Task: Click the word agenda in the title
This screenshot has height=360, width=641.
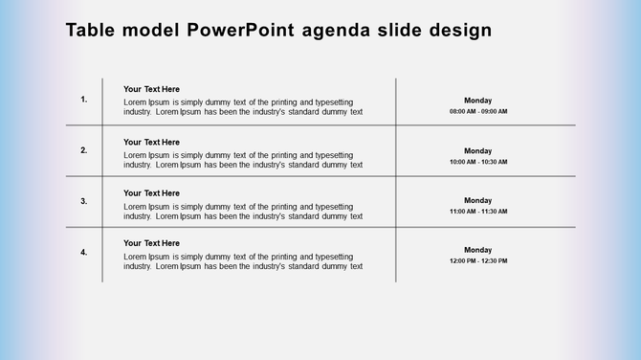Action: click(342, 31)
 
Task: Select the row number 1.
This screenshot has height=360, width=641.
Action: click(84, 99)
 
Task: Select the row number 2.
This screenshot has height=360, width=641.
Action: click(84, 150)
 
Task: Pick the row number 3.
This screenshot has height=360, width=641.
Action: click(84, 201)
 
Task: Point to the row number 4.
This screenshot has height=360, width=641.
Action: click(84, 253)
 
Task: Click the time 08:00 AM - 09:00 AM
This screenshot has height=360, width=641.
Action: click(478, 111)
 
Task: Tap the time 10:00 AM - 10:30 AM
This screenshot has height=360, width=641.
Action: click(478, 162)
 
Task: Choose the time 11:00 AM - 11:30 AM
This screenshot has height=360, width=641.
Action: click(478, 212)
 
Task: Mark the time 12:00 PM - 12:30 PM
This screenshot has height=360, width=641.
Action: click(478, 260)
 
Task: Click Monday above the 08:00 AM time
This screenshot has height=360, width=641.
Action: click(478, 101)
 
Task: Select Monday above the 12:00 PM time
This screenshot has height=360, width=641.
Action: click(478, 250)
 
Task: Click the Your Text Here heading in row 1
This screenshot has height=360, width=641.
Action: click(151, 89)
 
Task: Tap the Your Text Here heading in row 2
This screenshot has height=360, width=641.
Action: click(151, 142)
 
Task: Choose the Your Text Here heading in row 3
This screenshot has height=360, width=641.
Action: click(151, 192)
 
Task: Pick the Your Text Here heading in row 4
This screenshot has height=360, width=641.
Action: click(151, 243)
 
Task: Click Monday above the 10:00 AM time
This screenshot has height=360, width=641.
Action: click(478, 151)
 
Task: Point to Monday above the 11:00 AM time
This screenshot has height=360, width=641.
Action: click(478, 201)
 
